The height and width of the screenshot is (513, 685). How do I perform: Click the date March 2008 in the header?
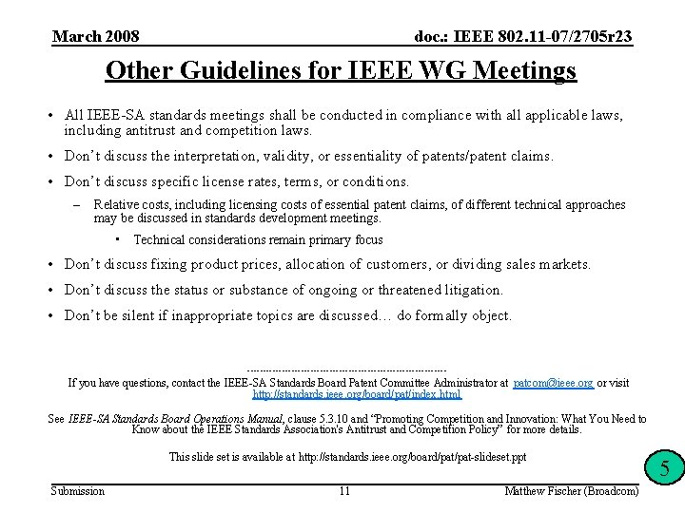coord(95,37)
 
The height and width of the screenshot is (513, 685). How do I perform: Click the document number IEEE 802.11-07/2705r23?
coord(523,37)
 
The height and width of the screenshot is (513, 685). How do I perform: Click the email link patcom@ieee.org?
coord(553,383)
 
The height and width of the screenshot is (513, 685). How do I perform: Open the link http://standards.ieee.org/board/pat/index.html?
coord(357,394)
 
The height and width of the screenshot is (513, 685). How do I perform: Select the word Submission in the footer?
coord(78,491)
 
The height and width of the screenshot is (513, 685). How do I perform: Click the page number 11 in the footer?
coord(344,491)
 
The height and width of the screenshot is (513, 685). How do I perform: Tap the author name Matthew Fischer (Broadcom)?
coord(572,491)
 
